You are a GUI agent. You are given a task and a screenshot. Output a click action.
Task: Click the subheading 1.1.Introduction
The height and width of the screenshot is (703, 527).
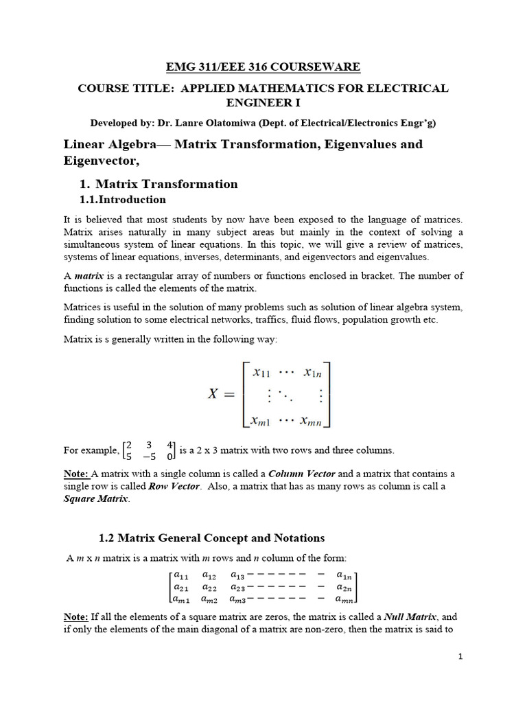click(123, 200)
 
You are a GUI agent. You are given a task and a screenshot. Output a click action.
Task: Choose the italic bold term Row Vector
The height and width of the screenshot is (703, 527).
click(174, 486)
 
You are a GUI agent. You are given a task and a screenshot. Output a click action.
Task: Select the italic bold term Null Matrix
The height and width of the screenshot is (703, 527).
click(410, 617)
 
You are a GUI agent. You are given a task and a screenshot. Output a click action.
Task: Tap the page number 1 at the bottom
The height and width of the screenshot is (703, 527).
click(461, 657)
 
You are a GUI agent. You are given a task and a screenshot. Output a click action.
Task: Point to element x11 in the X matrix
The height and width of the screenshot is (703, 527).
click(261, 373)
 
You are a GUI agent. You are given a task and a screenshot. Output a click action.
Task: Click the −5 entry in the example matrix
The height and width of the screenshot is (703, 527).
click(148, 456)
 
